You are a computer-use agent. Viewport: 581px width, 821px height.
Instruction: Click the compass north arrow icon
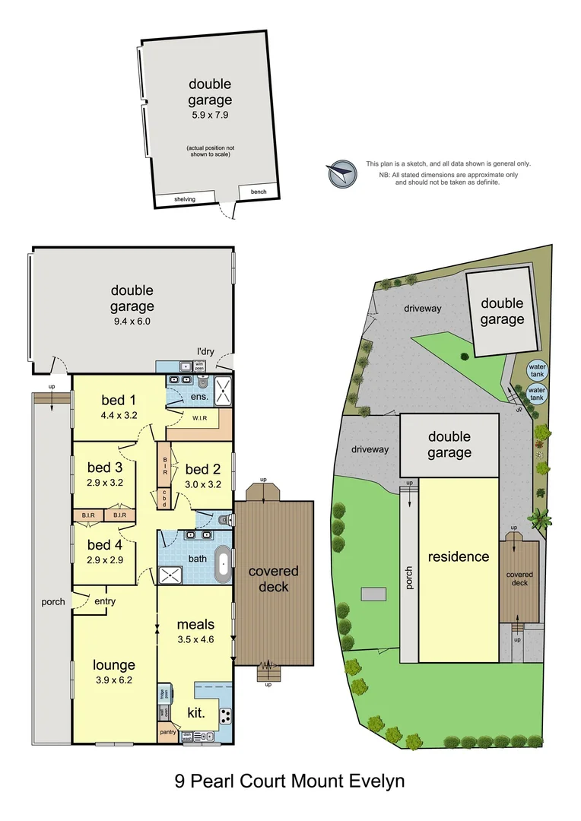[x=342, y=174]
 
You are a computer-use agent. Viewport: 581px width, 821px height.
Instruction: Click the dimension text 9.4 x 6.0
[x=132, y=322]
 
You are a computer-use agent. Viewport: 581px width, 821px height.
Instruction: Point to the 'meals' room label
[x=196, y=625]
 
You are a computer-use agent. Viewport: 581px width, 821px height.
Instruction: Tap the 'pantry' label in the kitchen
[x=168, y=732]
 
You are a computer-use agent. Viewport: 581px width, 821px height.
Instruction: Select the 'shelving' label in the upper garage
[x=185, y=199]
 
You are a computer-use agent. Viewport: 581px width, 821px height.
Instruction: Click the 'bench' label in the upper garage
[x=259, y=192]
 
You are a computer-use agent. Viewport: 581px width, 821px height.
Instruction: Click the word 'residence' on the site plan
[x=459, y=556]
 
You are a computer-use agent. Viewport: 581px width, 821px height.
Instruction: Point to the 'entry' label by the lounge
[x=105, y=602]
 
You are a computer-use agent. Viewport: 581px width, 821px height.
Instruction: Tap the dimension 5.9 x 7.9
[x=210, y=116]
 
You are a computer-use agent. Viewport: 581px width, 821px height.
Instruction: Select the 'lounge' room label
[x=114, y=665]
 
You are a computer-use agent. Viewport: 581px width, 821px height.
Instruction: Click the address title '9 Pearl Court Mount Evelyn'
[x=290, y=781]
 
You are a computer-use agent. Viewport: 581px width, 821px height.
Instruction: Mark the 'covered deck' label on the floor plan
[x=273, y=579]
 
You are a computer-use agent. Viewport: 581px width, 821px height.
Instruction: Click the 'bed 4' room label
[x=104, y=545]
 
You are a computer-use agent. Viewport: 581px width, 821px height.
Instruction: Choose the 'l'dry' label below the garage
[x=205, y=350]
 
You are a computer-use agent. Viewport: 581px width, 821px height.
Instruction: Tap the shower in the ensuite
[x=222, y=390]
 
